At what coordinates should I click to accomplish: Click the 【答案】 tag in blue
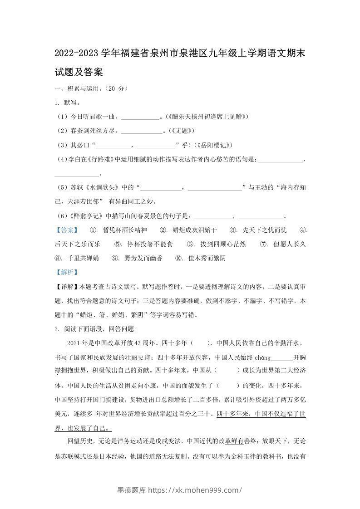pyautogui.click(x=66, y=230)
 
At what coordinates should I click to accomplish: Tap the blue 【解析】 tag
pyautogui.click(x=66, y=272)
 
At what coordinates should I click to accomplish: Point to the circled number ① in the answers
pyautogui.click(x=94, y=230)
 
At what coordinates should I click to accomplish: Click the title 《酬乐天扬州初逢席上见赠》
pyautogui.click(x=207, y=117)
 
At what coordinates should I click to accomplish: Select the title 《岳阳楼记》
pyautogui.click(x=213, y=145)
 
